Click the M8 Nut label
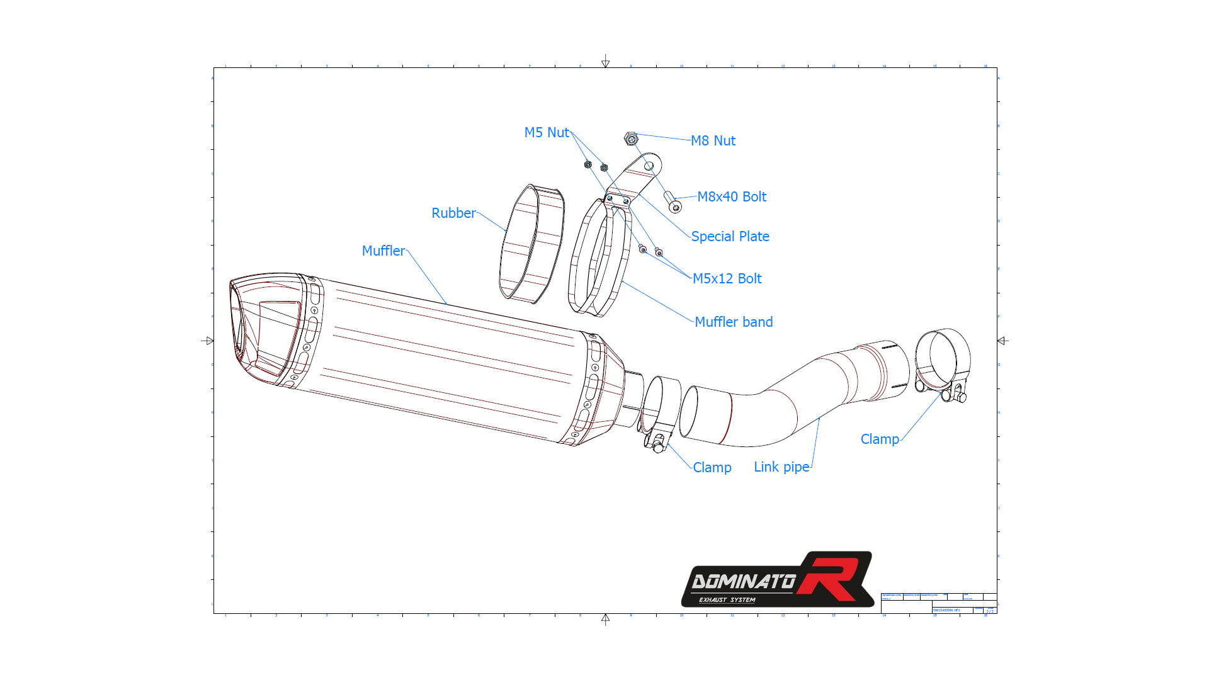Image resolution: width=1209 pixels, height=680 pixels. pyautogui.click(x=713, y=141)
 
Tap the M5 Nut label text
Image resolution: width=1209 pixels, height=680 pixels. pyautogui.click(x=547, y=133)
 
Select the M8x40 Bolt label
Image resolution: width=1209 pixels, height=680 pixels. pyautogui.click(x=732, y=197)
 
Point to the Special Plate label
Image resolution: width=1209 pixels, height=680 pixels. pyautogui.click(x=730, y=237)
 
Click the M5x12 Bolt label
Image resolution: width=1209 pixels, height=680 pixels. pyautogui.click(x=727, y=279)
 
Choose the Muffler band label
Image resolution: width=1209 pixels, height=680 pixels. pyautogui.click(x=734, y=322)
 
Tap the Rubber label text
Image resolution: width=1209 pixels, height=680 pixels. pyautogui.click(x=453, y=213)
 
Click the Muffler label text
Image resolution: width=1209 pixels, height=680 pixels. pyautogui.click(x=383, y=251)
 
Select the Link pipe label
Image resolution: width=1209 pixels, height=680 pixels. pyautogui.click(x=781, y=467)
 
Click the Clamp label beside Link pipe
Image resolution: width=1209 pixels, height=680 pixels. pyautogui.click(x=712, y=468)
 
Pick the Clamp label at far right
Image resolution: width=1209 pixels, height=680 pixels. pyautogui.click(x=880, y=439)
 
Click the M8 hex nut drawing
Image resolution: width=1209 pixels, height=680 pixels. pyautogui.click(x=631, y=139)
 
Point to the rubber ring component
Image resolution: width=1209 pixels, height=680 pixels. pyautogui.click(x=531, y=244)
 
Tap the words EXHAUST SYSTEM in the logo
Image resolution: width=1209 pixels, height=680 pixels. pyautogui.click(x=727, y=600)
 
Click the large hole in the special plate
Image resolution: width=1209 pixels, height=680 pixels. pyautogui.click(x=649, y=166)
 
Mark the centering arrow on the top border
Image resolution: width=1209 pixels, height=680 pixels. pyautogui.click(x=605, y=62)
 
